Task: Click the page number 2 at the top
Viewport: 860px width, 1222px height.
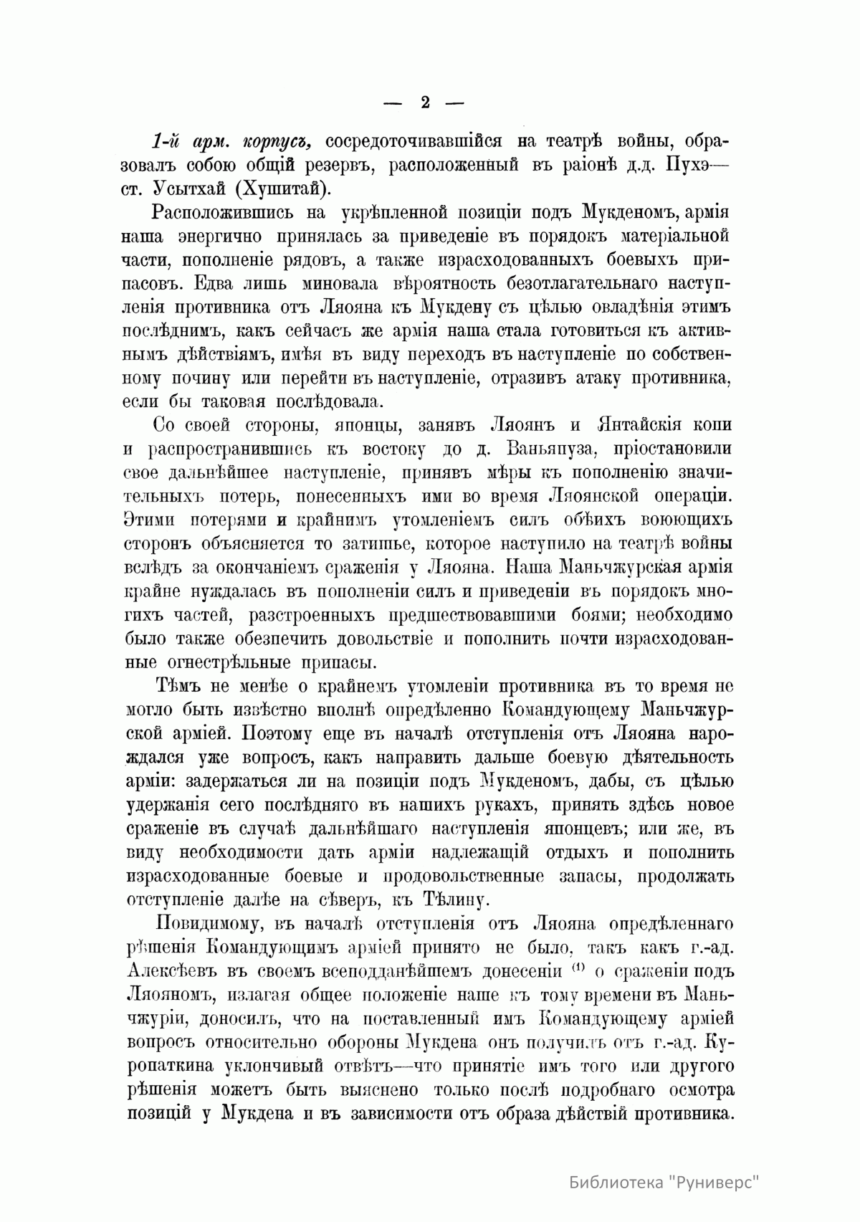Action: (x=424, y=102)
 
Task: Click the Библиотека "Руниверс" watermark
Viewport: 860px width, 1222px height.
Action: (x=664, y=1182)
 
